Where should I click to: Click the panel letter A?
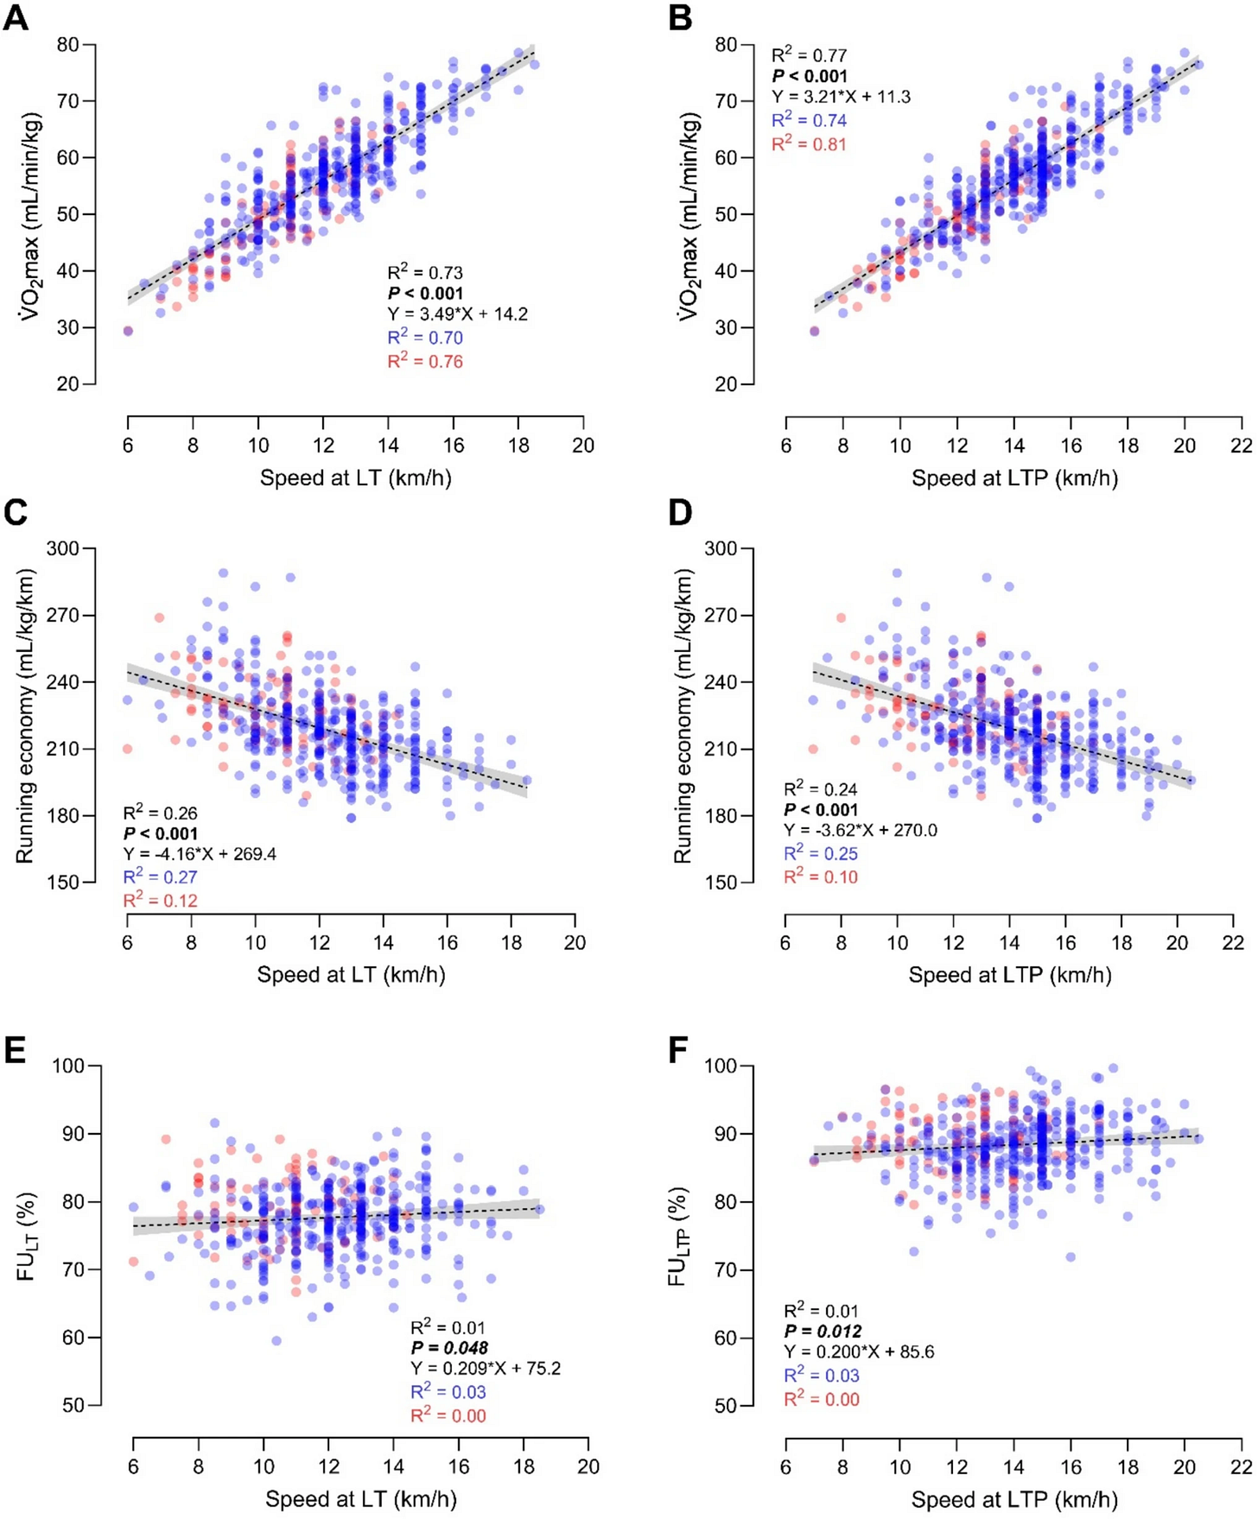pos(16,17)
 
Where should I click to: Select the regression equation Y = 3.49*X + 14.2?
pos(457,314)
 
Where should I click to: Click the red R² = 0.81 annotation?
pos(809,142)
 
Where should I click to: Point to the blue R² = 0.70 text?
pos(424,337)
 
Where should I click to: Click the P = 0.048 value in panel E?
pos(449,1347)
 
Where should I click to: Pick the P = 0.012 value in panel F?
pos(822,1331)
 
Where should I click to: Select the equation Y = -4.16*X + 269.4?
pos(200,854)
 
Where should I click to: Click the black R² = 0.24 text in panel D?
pos(821,788)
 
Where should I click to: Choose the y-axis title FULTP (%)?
pos(678,1236)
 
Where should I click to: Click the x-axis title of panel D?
pos(1009,975)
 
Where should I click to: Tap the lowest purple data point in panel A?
pos(128,331)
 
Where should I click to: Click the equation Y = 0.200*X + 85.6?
pos(859,1351)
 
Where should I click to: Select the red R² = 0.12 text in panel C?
pos(161,900)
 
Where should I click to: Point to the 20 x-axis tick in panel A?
pos(583,445)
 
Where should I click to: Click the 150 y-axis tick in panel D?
pos(723,883)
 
